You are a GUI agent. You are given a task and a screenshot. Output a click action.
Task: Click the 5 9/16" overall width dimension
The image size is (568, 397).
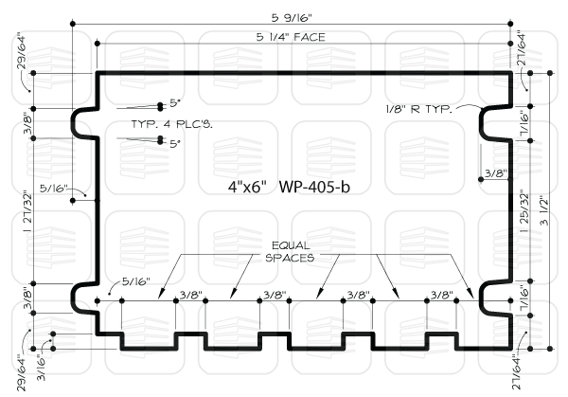[x=292, y=17]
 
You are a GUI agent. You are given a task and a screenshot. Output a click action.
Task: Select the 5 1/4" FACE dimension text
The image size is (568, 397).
[x=291, y=37]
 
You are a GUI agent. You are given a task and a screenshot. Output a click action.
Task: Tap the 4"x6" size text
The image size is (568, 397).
[x=247, y=187]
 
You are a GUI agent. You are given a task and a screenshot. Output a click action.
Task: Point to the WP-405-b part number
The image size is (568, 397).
[x=314, y=187]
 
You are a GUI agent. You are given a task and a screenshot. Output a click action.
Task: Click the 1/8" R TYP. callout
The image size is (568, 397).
[x=419, y=109]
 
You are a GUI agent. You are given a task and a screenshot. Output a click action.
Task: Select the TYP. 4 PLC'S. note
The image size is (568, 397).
[x=171, y=124]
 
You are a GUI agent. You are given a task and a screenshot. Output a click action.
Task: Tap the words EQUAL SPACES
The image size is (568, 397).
[x=291, y=252]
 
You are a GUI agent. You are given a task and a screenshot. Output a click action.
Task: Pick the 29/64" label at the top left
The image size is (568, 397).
[x=22, y=52]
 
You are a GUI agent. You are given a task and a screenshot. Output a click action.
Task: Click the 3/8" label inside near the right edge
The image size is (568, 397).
[x=496, y=173]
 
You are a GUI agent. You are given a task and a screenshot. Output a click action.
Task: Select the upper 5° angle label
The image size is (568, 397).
[x=174, y=103]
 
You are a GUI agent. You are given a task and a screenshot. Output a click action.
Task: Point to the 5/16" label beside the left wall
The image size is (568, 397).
[x=54, y=189]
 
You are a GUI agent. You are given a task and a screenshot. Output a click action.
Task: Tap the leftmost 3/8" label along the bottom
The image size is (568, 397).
[x=191, y=295]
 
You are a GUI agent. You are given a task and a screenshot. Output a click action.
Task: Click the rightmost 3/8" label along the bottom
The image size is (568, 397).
[x=441, y=295]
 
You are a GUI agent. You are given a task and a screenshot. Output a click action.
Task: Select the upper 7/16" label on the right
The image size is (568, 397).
[x=524, y=122]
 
